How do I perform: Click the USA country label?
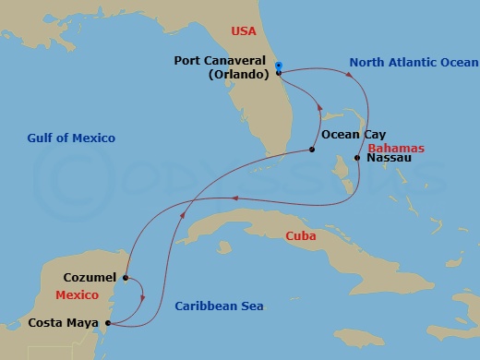[x=243, y=32]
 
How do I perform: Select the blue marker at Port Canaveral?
[x=279, y=65]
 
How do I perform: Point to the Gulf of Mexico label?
[x=70, y=138]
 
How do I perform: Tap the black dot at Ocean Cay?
[x=313, y=150]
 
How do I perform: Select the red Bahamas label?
[x=395, y=148]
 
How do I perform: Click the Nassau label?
[x=390, y=159]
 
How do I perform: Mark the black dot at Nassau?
[x=357, y=159]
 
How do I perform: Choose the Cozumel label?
[x=90, y=277]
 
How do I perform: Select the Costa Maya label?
[x=65, y=323]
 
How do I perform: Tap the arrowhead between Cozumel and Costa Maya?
[x=142, y=297]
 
